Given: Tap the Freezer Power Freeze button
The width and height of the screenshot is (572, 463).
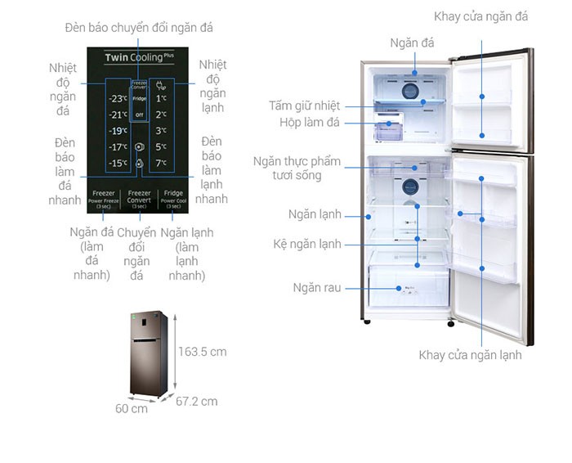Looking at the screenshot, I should pos(104,199).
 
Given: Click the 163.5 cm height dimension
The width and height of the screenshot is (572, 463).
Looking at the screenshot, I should pos(203,352).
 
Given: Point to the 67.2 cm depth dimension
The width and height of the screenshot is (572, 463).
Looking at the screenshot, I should pos(198,401).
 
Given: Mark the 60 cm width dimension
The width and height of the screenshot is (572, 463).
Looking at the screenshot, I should pos(132,407).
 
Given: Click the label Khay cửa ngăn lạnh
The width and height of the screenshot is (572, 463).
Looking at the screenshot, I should pos(470,355).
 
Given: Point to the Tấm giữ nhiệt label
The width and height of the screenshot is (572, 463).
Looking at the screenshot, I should pos(304,106).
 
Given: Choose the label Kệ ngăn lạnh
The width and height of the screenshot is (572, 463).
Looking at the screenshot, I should pos(307,244).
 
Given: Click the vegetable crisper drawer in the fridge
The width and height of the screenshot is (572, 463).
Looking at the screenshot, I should pos(409,287).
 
